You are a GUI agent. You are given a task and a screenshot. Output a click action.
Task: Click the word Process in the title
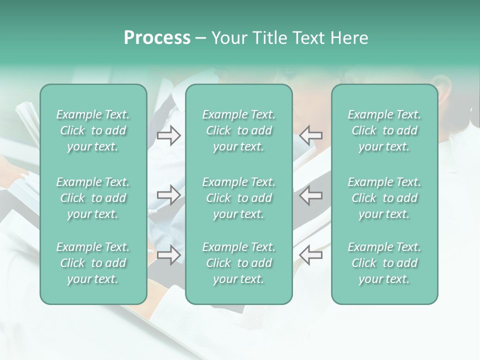tap(157, 38)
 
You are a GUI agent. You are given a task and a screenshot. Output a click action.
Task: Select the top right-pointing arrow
tap(168, 135)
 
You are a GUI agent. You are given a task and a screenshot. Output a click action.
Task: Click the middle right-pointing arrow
tap(168, 195)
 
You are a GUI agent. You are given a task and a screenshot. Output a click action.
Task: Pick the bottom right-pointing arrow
tap(168, 255)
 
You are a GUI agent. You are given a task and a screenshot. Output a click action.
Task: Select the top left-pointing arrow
tap(311, 135)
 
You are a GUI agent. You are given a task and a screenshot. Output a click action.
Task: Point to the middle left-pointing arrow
tap(311, 195)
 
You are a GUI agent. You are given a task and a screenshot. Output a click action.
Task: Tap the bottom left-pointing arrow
tap(311, 255)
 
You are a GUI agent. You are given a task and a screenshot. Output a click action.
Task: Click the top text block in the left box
tap(93, 130)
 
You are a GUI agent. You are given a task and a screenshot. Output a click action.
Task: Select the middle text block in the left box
tap(93, 198)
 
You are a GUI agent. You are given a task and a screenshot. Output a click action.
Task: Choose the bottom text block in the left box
tap(93, 263)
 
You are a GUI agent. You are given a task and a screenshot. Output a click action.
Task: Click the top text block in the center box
tap(238, 130)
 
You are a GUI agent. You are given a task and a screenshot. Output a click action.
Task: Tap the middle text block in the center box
tap(238, 198)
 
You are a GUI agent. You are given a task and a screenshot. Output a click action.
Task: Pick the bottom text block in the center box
tap(238, 263)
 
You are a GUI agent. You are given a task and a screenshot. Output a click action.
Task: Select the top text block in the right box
tap(384, 130)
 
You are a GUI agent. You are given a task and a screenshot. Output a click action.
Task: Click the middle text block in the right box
tap(384, 198)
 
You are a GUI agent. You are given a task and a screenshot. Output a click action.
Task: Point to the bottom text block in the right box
tap(384, 263)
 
